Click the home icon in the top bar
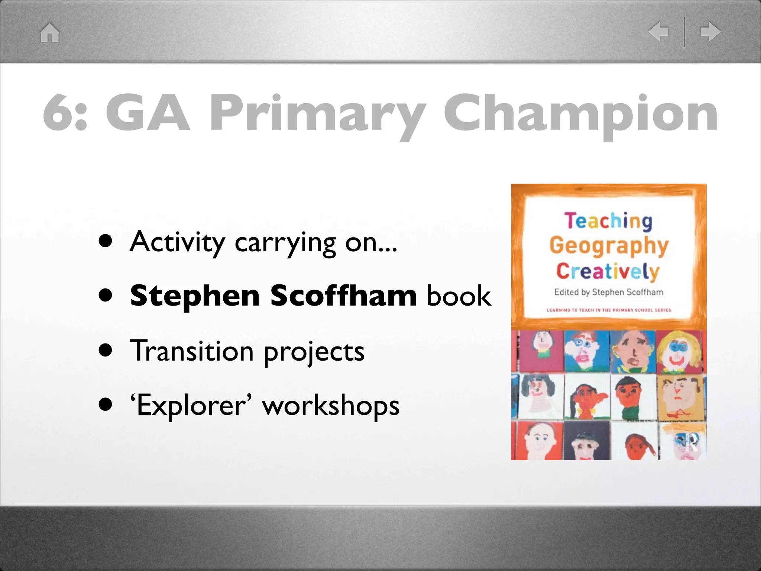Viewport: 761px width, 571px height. [50, 33]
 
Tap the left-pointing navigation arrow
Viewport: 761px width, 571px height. [658, 31]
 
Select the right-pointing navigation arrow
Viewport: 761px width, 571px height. [710, 31]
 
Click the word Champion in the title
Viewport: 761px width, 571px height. [581, 113]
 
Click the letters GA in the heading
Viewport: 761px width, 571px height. [148, 113]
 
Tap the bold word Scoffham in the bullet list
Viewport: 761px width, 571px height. [344, 296]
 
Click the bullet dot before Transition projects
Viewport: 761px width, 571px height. [106, 350]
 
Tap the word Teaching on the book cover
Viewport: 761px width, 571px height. [609, 221]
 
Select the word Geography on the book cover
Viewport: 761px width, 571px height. [609, 246]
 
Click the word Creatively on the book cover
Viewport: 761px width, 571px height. [608, 271]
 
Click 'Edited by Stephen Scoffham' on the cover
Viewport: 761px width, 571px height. [609, 292]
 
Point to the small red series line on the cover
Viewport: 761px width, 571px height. [609, 310]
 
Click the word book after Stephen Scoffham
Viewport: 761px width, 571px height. [459, 296]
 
